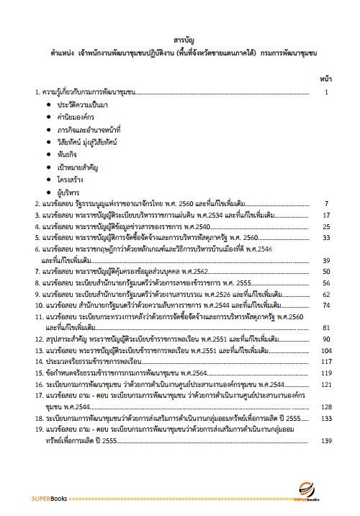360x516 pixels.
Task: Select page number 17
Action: click(326, 215)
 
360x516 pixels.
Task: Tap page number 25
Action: click(326, 226)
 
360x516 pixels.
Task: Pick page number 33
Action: click(326, 237)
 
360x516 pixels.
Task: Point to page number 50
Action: click(326, 271)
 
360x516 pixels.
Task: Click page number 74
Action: click(326, 305)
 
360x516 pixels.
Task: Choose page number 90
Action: click(326, 339)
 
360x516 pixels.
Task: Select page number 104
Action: click(326, 350)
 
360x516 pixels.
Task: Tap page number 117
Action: click(326, 361)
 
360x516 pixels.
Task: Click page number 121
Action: click(326, 384)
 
